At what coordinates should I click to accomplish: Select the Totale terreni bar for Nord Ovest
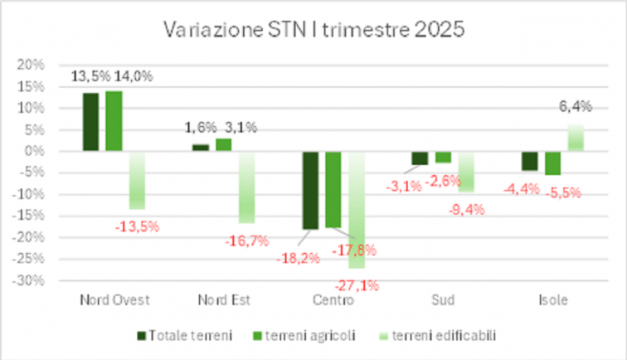90,122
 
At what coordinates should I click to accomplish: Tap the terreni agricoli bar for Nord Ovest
114,121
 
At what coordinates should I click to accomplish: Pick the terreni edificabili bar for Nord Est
246,187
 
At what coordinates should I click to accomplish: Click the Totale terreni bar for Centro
309,190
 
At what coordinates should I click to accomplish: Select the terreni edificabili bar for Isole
576,138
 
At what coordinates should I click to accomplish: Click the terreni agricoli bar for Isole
552,163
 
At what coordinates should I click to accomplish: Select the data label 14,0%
135,76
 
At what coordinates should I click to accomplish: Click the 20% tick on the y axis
30,64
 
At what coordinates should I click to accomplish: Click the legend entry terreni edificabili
436,335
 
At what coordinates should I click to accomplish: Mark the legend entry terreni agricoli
308,335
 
